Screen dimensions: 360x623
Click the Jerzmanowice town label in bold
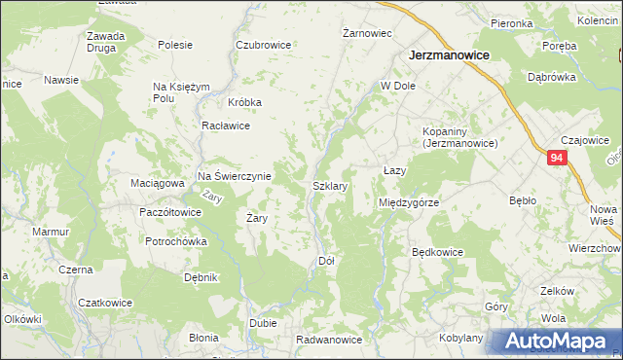coord(449,56)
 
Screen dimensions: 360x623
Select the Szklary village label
coord(330,184)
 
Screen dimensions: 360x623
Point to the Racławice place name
coord(226,126)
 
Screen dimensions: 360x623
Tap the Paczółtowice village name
coord(170,211)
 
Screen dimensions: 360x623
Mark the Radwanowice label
coord(330,340)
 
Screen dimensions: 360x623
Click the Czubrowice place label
coord(263,45)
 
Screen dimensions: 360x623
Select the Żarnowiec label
coord(367,33)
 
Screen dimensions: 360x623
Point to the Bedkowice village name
coord(437,251)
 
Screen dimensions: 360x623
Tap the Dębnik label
coord(201,277)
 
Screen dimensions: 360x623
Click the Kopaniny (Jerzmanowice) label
coord(459,137)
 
